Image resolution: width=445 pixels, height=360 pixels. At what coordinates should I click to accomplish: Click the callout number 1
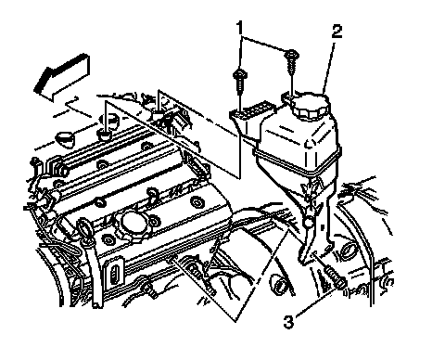(240, 28)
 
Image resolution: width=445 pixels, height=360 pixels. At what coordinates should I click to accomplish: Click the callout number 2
(337, 32)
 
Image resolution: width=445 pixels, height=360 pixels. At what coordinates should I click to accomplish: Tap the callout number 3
(288, 323)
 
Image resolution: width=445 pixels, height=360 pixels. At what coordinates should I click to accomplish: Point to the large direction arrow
(63, 78)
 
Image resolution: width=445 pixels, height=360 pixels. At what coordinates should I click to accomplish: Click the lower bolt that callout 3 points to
(335, 277)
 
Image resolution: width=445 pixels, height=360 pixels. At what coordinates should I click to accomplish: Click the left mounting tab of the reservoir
(251, 112)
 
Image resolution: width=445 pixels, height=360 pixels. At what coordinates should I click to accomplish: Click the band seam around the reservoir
(297, 162)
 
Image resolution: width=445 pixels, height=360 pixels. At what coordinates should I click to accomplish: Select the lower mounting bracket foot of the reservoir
(314, 251)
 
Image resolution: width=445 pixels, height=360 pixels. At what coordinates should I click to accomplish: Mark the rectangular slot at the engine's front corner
(114, 273)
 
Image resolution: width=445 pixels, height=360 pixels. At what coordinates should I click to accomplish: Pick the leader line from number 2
(328, 67)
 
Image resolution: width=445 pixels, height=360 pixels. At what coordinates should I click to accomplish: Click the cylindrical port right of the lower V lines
(279, 284)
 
